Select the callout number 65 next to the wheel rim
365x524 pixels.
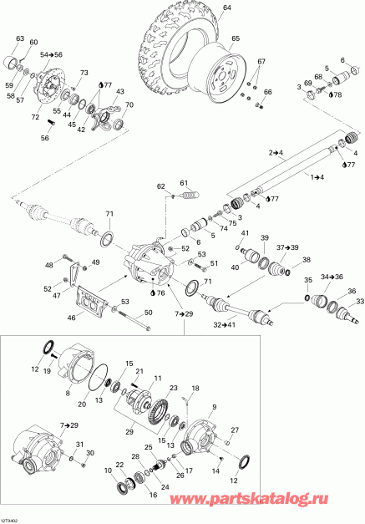[235, 39]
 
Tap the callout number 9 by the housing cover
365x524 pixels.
[212, 407]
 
